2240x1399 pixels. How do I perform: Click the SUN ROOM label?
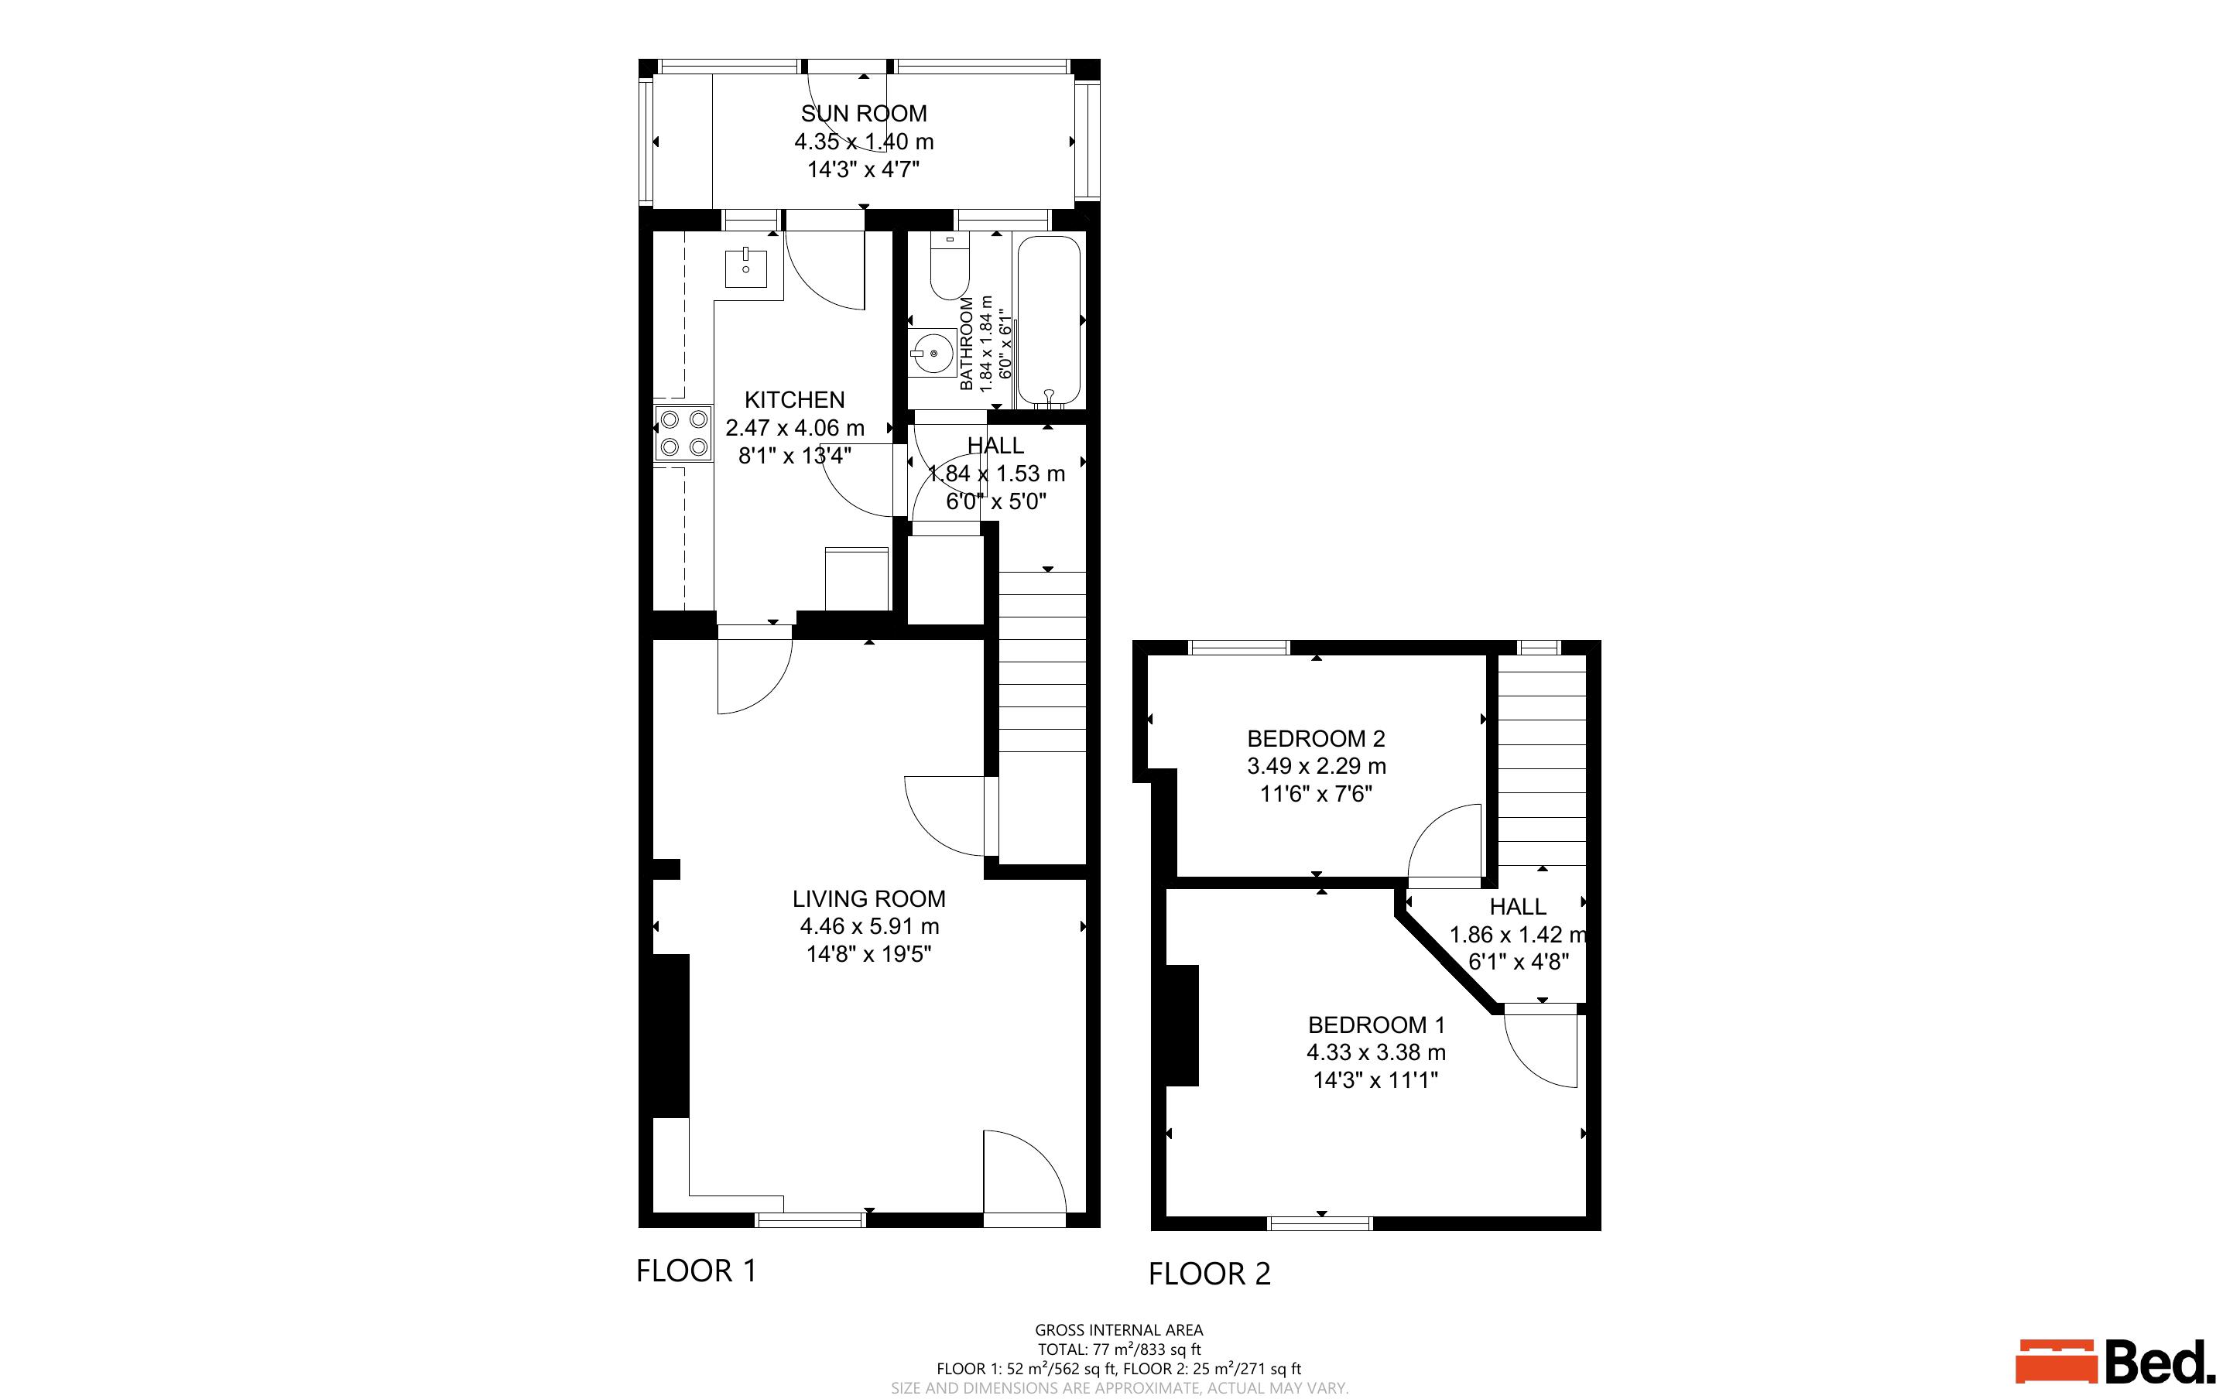[x=863, y=114]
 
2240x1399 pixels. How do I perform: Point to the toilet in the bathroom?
[x=948, y=269]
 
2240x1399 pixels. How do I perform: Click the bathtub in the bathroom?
[x=1050, y=321]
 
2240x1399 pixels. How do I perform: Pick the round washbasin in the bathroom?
[x=933, y=353]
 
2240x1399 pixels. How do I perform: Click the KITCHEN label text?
[x=795, y=400]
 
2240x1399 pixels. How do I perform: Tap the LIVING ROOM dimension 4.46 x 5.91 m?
[x=868, y=926]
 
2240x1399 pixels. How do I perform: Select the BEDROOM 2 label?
[x=1316, y=738]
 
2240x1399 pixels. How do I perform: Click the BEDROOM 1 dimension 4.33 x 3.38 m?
[x=1376, y=1052]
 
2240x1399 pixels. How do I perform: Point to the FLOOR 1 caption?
[x=696, y=1271]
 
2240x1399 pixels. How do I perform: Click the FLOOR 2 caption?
[x=1209, y=1274]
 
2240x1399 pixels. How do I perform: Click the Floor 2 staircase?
[x=1541, y=759]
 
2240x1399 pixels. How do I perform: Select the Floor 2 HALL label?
[x=1517, y=907]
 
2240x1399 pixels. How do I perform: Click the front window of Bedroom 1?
[x=1320, y=1223]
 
